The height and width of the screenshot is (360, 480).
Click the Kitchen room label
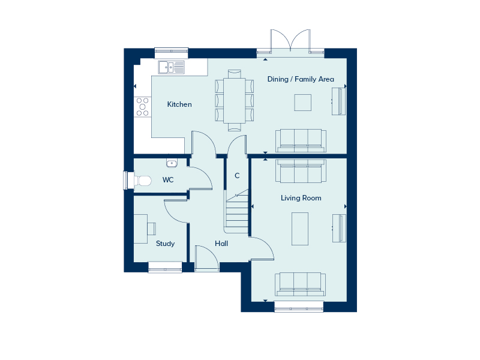coord(179,104)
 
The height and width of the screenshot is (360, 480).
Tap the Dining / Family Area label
coord(301,79)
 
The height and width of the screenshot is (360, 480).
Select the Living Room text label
coord(301,198)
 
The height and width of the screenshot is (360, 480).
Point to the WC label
coord(168,179)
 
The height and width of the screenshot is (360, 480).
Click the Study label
coord(165,244)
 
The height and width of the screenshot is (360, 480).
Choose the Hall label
coord(221,244)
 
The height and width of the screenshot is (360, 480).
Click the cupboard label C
coord(237,176)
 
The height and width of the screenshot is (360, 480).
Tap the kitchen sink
coord(172,67)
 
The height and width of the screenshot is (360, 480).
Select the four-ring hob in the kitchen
coord(142,106)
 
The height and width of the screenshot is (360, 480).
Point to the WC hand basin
coord(172,162)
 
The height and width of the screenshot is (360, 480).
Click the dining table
coord(234,100)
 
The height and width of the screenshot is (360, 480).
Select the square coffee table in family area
coord(302,103)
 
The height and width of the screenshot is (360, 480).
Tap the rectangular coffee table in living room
coord(300,229)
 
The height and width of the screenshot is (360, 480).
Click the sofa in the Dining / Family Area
coord(301,140)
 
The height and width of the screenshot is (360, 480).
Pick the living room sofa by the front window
coord(301,283)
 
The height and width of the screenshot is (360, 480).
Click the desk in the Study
coord(141,229)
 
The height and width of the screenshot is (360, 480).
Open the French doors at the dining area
coord(290,42)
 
